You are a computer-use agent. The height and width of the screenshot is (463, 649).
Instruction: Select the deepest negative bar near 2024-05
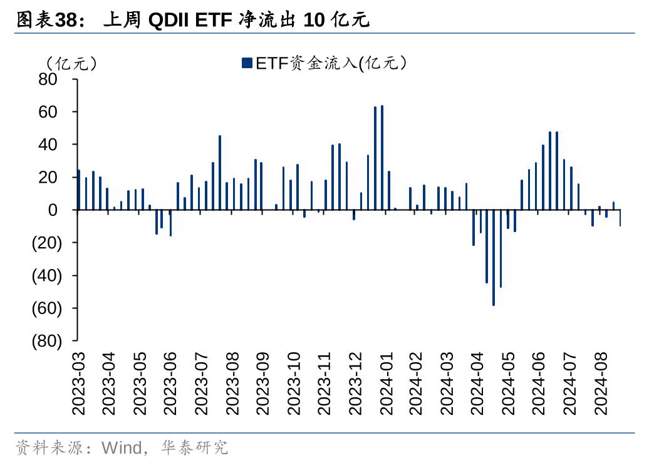pyautogui.click(x=494, y=257)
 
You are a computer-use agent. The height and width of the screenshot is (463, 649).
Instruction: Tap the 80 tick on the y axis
pyautogui.click(x=48, y=79)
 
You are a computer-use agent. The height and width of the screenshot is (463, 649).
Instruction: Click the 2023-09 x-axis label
pyautogui.click(x=263, y=384)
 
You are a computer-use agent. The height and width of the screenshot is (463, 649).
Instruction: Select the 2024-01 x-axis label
pyautogui.click(x=386, y=384)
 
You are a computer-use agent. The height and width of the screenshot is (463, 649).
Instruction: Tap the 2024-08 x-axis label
pyautogui.click(x=601, y=384)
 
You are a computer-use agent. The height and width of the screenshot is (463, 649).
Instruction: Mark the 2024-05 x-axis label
pyautogui.click(x=509, y=384)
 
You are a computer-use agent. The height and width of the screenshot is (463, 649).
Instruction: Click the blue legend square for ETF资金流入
pyautogui.click(x=246, y=63)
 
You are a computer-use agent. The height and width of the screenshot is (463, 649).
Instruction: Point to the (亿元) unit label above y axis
pyautogui.click(x=70, y=63)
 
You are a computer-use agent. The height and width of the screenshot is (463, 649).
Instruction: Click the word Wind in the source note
pyautogui.click(x=122, y=447)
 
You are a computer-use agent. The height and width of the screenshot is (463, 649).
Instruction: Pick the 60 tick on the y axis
pyautogui.click(x=48, y=112)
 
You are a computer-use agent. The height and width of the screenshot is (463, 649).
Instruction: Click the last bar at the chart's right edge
pyautogui.click(x=620, y=218)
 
